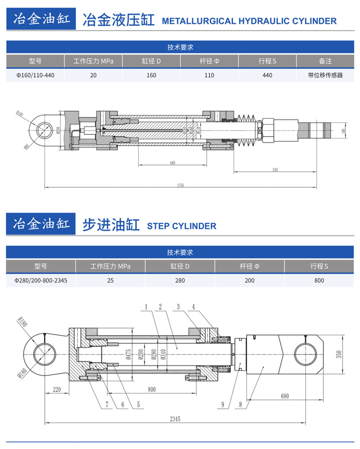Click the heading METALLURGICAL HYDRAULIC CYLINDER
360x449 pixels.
[249, 21]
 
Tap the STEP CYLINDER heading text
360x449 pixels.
[182, 226]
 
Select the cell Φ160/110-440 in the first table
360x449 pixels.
[36, 75]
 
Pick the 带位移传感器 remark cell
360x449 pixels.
[325, 75]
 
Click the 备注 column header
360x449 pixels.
[325, 61]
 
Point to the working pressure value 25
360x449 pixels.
[110, 281]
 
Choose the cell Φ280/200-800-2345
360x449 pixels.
[41, 281]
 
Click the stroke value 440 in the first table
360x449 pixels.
[267, 75]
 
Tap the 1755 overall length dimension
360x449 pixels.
[180, 185]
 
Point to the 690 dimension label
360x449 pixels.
[284, 396]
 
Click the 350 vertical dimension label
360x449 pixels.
[351, 354]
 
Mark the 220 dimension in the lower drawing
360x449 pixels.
[56, 389]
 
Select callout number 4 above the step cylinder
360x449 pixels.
[193, 306]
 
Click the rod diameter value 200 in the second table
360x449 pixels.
[249, 281]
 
